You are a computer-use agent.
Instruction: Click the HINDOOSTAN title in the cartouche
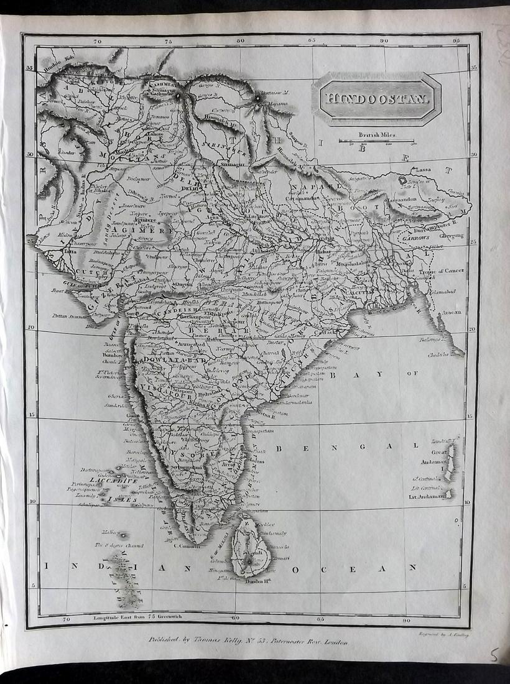pyautogui.click(x=375, y=98)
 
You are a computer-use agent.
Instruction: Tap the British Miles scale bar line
pyautogui.click(x=376, y=141)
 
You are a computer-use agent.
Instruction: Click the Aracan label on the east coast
pyautogui.click(x=452, y=312)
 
